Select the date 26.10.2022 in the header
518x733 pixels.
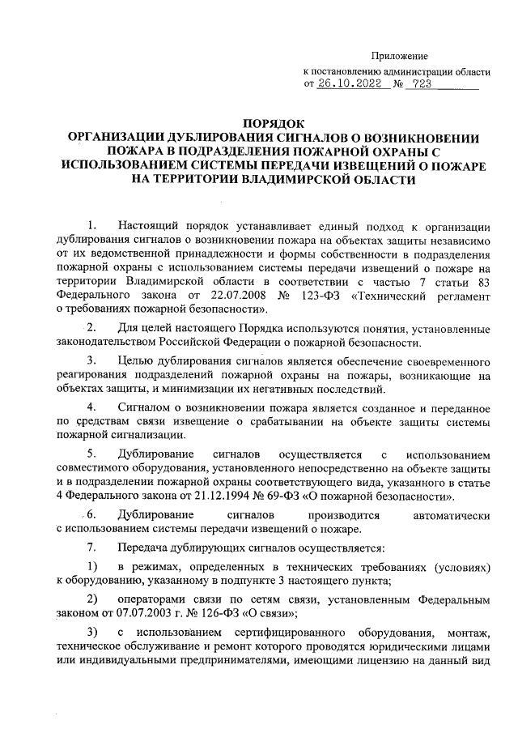[350, 83]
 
